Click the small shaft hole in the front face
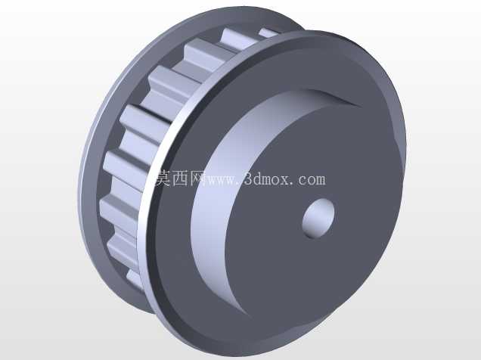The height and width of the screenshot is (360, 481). point(318,218)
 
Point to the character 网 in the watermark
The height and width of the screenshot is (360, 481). point(198,178)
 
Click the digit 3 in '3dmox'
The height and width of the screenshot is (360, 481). point(249,178)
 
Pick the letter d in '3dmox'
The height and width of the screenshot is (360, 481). point(259,178)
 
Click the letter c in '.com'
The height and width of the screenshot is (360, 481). point(302,180)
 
